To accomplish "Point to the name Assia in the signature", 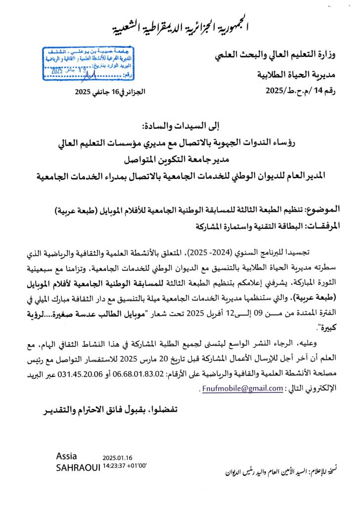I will click(67, 456).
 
